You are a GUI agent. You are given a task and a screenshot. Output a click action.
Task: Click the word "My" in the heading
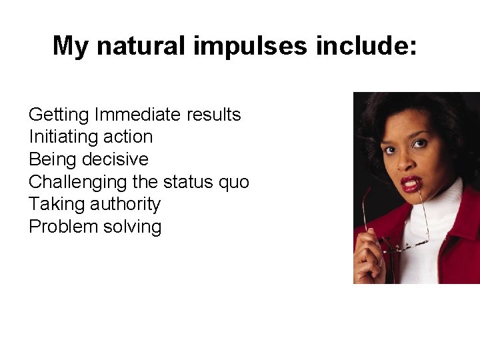(x=70, y=46)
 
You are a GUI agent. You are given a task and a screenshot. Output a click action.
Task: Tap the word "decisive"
(x=118, y=160)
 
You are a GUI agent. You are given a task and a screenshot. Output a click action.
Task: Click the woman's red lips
(x=411, y=183)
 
